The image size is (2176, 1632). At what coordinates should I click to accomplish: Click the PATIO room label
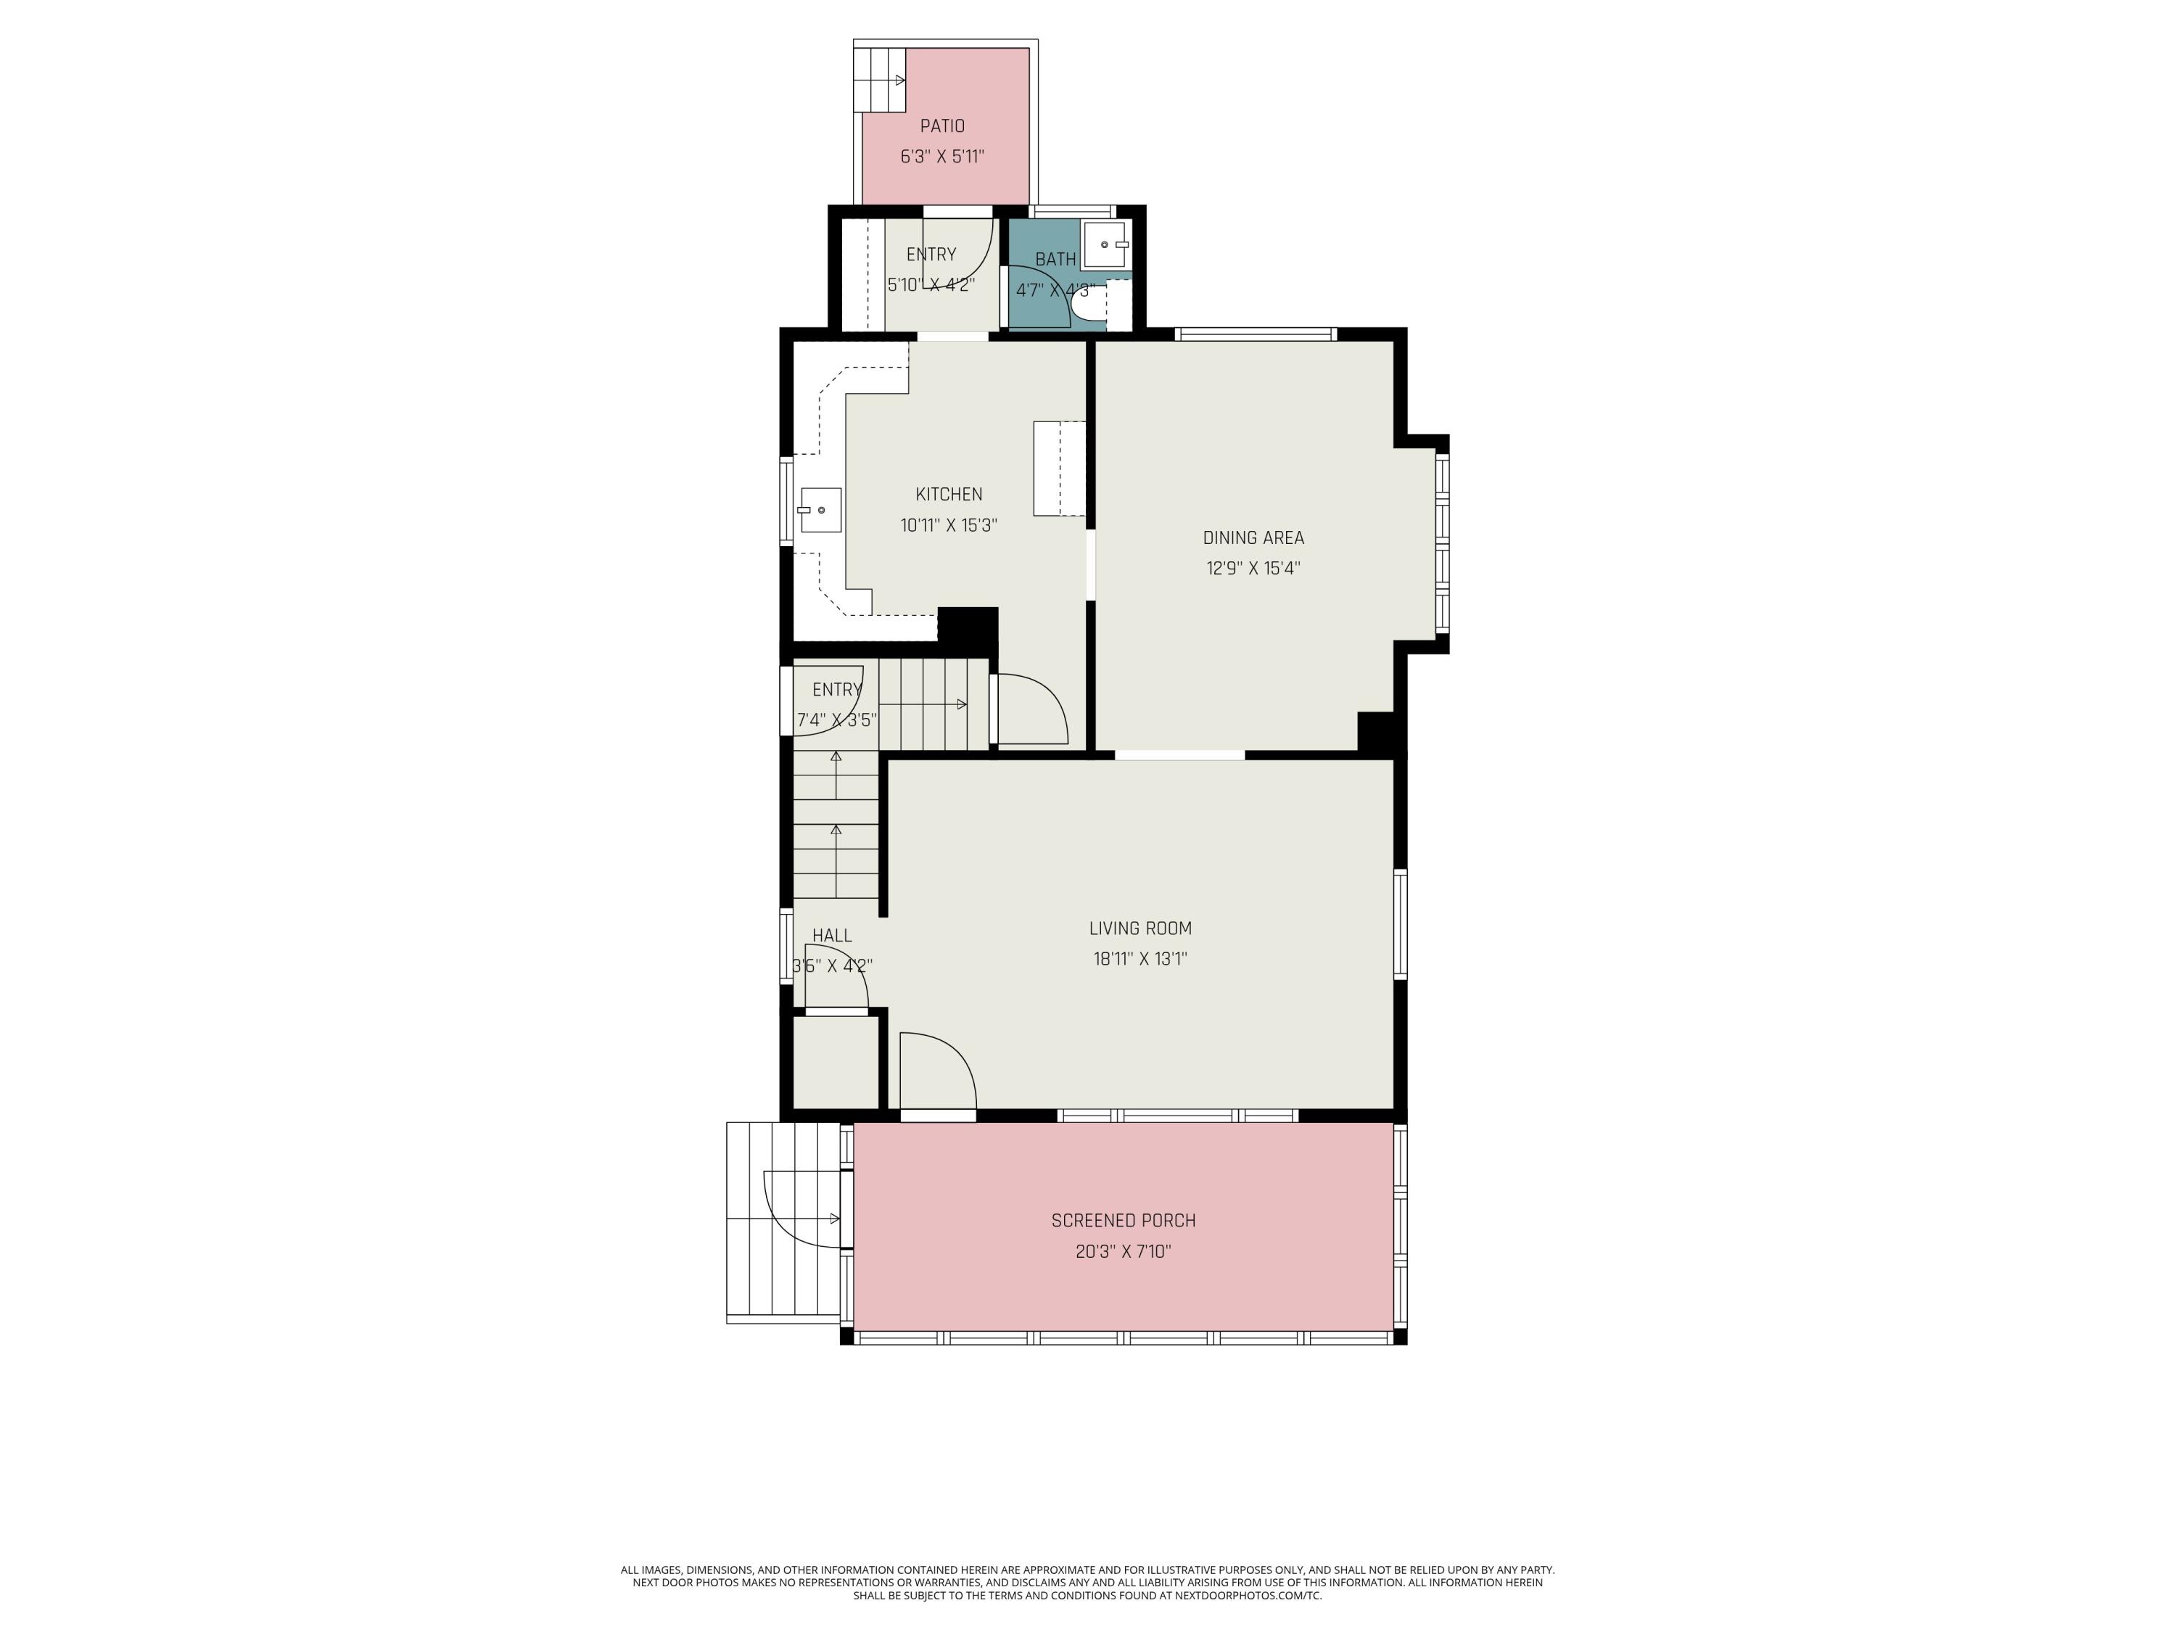pos(941,126)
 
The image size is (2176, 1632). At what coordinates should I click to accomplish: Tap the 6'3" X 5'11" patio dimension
pos(941,157)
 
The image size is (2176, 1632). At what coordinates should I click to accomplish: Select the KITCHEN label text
pos(948,494)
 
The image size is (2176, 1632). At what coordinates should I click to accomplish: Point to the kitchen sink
pos(820,510)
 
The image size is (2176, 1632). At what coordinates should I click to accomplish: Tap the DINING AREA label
pos(1253,537)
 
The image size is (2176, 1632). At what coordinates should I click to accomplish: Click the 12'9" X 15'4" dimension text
pos(1253,568)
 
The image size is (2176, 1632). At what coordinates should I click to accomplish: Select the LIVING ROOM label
pos(1140,928)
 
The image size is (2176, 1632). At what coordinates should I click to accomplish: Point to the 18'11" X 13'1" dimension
pos(1140,958)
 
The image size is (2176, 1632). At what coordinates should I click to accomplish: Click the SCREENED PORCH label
pos(1124,1221)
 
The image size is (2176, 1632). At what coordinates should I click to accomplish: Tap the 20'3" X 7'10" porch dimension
pos(1124,1251)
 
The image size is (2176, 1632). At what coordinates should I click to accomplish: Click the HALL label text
pos(832,936)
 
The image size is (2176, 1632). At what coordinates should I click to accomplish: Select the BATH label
pos(1055,260)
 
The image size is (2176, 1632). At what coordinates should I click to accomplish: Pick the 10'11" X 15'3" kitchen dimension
pos(948,525)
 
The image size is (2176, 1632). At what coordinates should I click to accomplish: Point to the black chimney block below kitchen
pos(968,627)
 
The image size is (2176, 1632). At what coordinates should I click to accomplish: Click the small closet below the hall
pos(835,1063)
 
